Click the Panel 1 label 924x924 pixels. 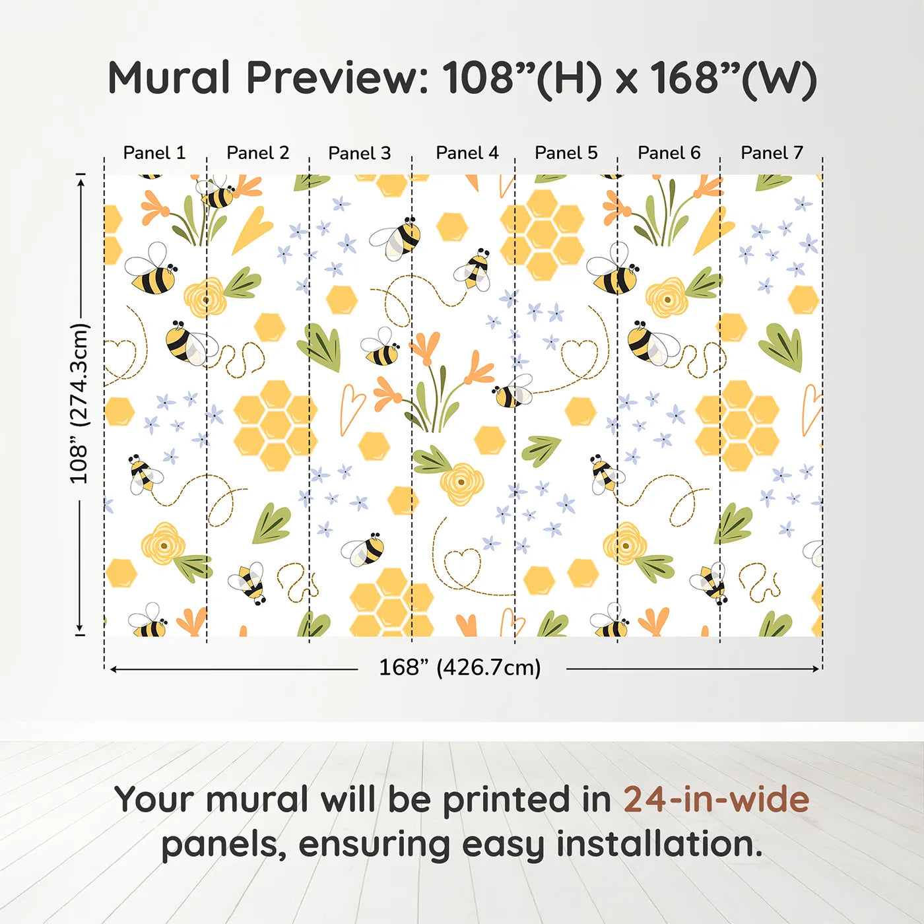tap(154, 153)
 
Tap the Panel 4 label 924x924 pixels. tap(467, 153)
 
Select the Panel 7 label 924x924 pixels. tap(772, 153)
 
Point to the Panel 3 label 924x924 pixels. tap(359, 153)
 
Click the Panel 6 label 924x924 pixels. tap(669, 153)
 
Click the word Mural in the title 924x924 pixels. tap(168, 78)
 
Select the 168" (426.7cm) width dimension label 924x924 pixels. tap(459, 667)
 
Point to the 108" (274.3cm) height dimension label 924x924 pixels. tap(79, 403)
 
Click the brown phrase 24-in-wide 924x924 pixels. tap(716, 800)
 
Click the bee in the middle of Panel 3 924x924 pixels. tap(381, 348)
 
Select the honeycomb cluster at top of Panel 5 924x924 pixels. tap(543, 234)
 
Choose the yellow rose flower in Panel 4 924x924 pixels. tap(461, 484)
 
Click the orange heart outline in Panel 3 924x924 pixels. tap(351, 408)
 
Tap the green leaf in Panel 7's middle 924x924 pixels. tap(782, 346)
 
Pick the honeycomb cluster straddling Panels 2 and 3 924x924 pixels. tap(275, 424)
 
